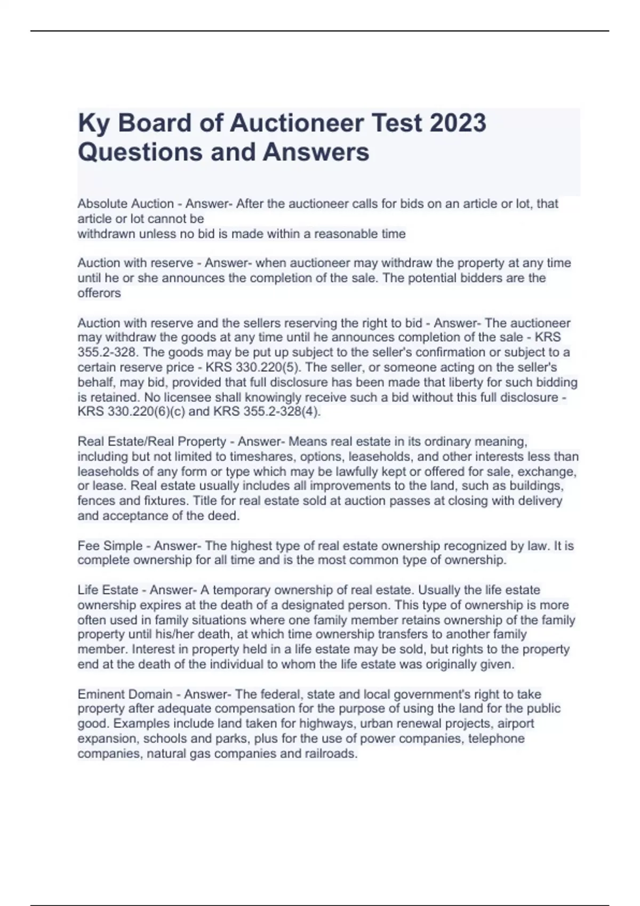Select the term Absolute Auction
125,204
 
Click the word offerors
99,293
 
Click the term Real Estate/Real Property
152,441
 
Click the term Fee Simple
110,546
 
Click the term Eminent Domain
125,694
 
